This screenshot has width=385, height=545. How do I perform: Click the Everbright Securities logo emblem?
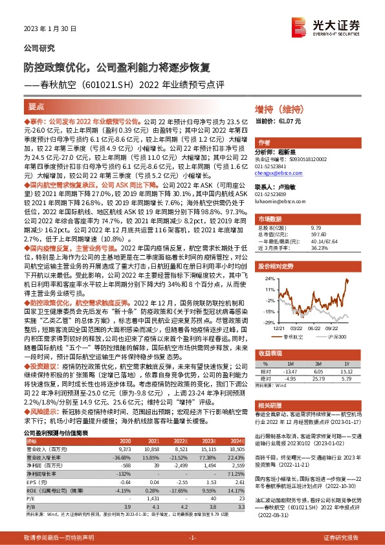tap(300, 26)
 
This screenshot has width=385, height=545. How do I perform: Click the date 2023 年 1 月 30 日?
tap(50, 29)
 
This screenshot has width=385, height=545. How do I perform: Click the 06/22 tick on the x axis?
tap(318, 328)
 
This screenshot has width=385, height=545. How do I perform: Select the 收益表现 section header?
tap(270, 355)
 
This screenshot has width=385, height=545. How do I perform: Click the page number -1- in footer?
tap(192, 538)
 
